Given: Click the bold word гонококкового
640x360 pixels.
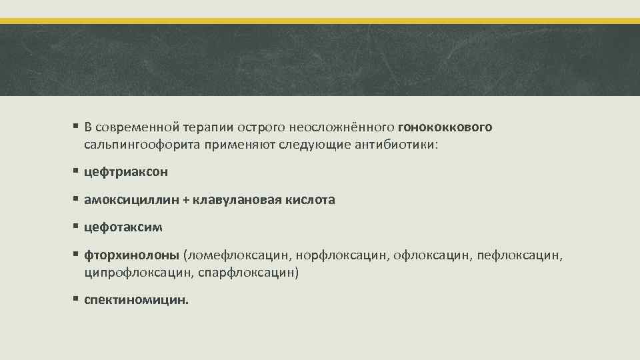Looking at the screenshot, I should pos(445,127).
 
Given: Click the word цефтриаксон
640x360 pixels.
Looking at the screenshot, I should pos(126,172).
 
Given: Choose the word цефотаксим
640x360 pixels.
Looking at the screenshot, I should pos(123,227).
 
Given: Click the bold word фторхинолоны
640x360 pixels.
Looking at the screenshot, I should pos(132,255).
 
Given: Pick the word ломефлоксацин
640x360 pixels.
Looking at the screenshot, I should pos(238,255).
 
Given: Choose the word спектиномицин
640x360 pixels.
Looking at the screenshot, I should pos(136,300).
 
